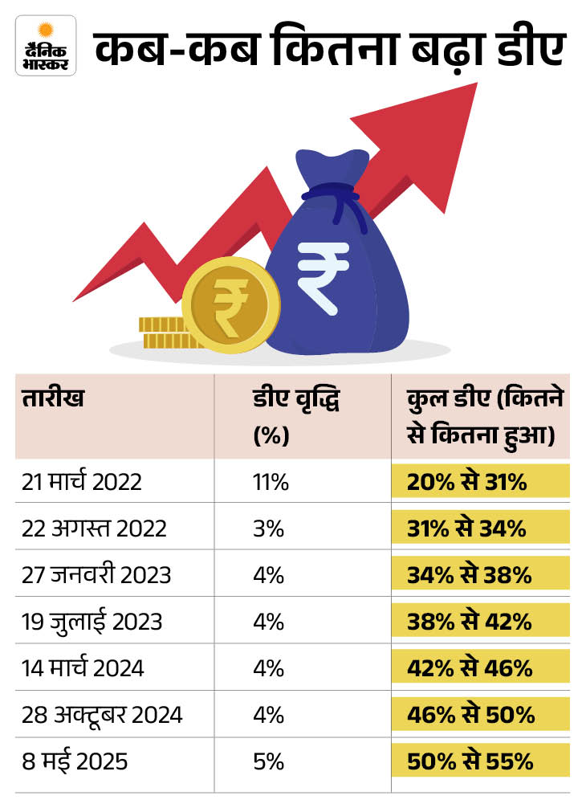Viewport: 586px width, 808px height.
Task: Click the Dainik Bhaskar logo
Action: pyautogui.click(x=45, y=47)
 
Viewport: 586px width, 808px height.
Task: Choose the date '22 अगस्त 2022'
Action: pyautogui.click(x=95, y=528)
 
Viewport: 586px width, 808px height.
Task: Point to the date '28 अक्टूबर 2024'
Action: pyautogui.click(x=103, y=714)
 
